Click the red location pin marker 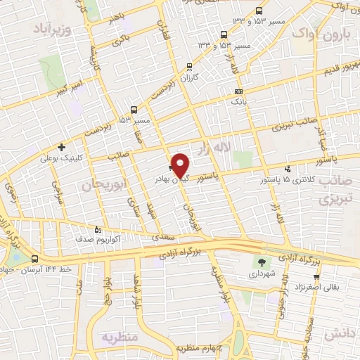[181, 165]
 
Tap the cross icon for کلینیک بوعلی [62, 147]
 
